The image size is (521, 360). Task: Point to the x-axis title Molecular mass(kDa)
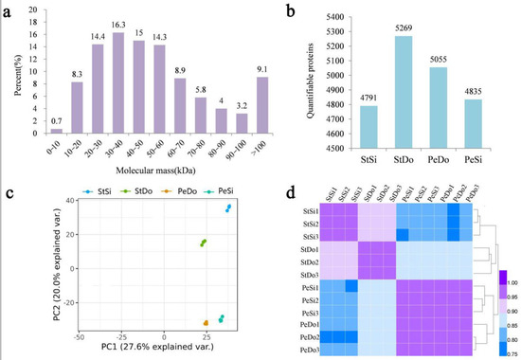coord(155,166)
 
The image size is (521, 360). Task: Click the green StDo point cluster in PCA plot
coord(203,243)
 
